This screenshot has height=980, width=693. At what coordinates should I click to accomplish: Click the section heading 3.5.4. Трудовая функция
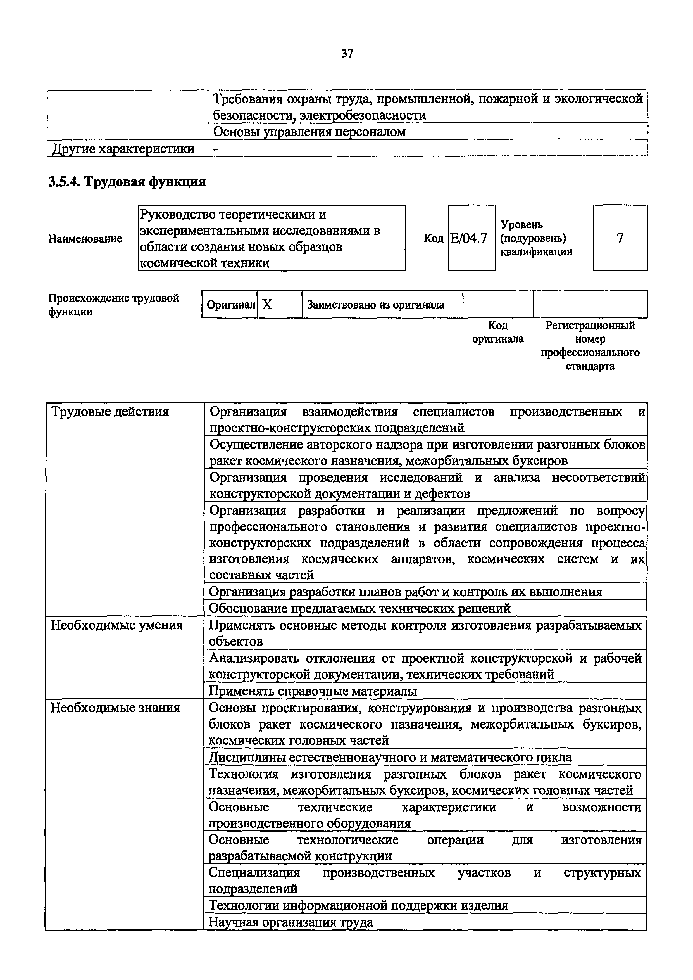[127, 182]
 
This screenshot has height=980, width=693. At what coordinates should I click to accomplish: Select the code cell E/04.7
[471, 238]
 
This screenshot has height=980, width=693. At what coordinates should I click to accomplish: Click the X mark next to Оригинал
[267, 305]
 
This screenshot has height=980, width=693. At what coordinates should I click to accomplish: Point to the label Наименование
[85, 239]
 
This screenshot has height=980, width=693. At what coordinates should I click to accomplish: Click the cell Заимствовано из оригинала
[375, 305]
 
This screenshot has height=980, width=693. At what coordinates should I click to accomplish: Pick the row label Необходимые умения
[116, 625]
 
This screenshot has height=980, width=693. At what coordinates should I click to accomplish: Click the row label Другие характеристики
[123, 149]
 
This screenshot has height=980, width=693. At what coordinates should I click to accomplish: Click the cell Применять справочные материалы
[312, 691]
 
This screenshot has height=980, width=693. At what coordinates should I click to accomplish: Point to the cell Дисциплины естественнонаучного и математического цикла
[390, 757]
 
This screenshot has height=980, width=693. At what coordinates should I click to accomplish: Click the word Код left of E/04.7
[433, 238]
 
